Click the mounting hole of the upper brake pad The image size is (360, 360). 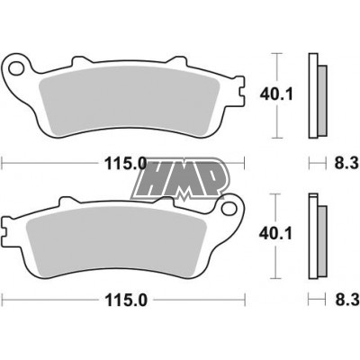14,67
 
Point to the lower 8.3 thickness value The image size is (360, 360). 339,301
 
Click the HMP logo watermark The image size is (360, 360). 180,176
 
